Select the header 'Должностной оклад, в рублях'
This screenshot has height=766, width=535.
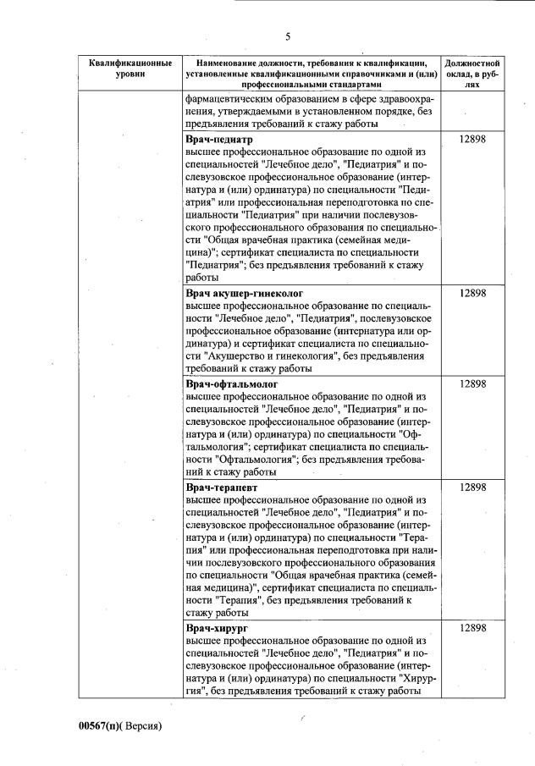pos(472,74)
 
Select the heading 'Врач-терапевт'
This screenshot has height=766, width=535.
pos(222,488)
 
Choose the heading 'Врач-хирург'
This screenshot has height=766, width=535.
pos(217,627)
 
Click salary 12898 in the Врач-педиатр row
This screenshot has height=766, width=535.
pos(472,139)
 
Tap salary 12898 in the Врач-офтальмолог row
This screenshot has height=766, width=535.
pos(472,383)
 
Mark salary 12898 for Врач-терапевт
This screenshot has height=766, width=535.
pos(472,488)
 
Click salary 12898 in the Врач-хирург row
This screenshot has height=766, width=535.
pos(472,627)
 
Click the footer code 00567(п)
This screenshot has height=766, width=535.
pos(101,726)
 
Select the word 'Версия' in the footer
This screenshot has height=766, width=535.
pos(139,726)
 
